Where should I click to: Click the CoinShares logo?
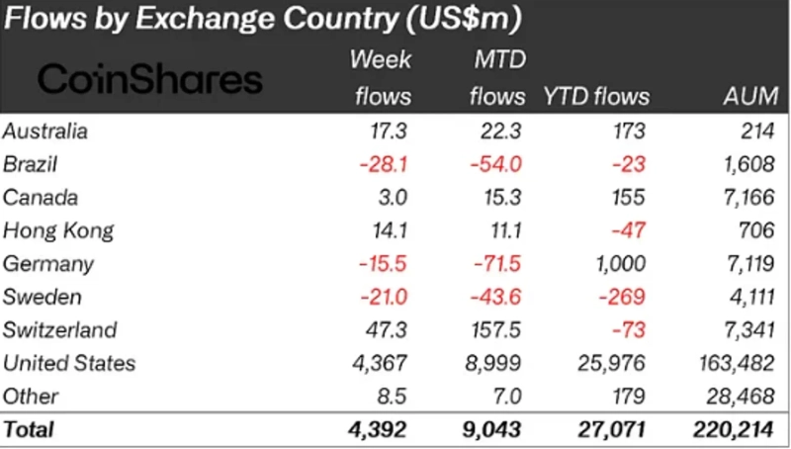(150, 79)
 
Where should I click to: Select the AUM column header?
(750, 96)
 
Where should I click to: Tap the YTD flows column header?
(596, 96)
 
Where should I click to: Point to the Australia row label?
(45, 131)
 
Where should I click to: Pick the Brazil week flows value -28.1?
(382, 164)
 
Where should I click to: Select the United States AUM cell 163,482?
(737, 363)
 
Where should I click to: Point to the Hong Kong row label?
(58, 230)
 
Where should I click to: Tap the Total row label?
(30, 430)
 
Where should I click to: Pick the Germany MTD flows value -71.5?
(495, 264)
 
